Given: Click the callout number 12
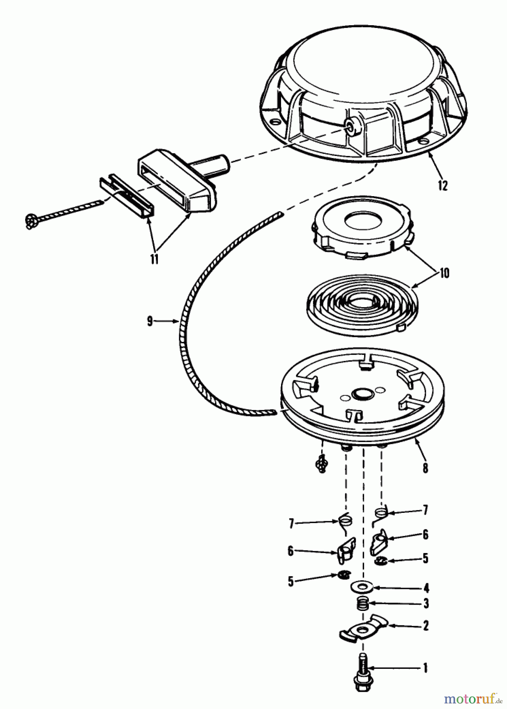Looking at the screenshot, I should pos(443,186).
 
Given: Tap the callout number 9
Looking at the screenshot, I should pos(150,321).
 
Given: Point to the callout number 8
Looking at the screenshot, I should pos(425,468).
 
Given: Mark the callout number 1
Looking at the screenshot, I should pos(425,668).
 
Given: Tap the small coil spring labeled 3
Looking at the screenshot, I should pos(362,603).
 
